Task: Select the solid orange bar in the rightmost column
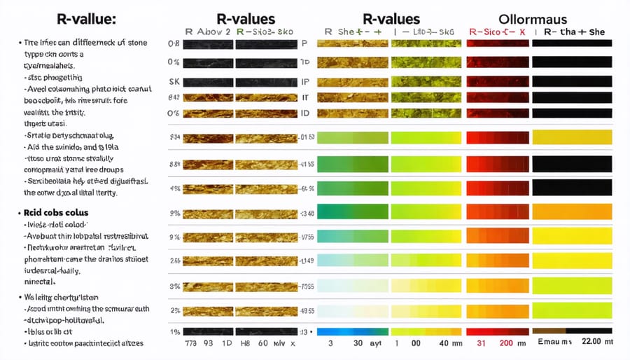572,212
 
